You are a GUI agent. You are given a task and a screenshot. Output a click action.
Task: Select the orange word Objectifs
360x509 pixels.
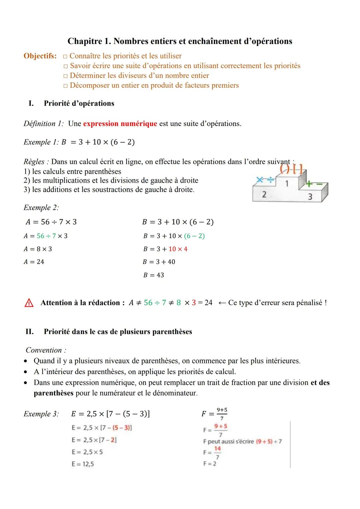40,56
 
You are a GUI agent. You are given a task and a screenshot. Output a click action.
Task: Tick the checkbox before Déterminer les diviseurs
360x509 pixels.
66,76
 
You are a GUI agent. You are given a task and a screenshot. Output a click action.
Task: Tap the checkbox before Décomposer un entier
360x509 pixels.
66,86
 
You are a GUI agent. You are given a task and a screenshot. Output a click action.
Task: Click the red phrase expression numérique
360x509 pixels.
120,124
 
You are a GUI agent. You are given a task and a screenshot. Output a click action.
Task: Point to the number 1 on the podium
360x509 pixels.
287,183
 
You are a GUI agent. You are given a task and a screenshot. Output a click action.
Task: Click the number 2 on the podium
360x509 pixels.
264,195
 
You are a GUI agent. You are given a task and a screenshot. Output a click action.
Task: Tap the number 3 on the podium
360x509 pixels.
310,197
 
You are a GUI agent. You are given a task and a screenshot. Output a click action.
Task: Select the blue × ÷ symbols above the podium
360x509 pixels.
266,180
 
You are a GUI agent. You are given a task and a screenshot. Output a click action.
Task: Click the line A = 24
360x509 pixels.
34,262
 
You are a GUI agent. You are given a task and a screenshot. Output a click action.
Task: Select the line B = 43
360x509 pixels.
154,275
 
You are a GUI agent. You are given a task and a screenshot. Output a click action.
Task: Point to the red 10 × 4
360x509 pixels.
178,249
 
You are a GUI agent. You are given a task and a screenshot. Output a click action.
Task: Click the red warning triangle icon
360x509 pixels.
29,303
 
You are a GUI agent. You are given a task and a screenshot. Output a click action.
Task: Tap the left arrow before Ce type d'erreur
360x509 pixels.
222,303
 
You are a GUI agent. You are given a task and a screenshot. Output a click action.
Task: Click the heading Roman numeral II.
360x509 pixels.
30,332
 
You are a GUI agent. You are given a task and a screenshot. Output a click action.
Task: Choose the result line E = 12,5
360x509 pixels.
83,464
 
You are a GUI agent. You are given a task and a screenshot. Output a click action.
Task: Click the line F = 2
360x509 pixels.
210,464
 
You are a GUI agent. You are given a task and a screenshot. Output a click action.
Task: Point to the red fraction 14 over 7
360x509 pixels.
217,453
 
